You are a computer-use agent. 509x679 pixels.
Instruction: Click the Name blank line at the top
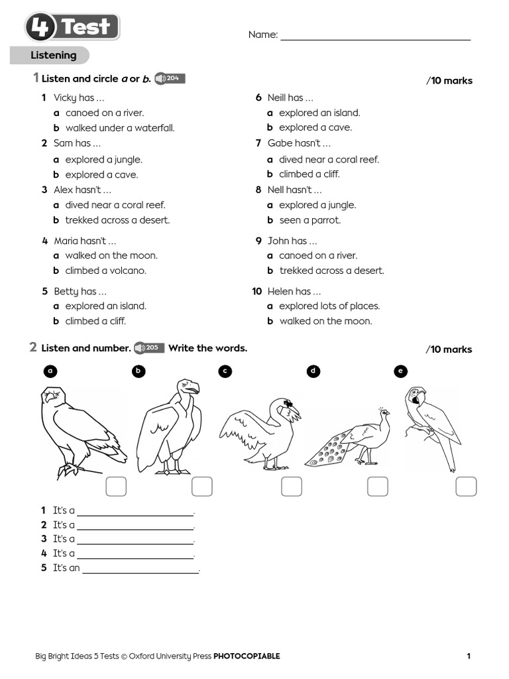[375, 38]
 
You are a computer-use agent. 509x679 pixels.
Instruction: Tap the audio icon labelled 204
[169, 79]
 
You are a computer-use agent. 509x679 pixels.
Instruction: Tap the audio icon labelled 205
[148, 348]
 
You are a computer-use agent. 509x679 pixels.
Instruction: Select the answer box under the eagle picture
[116, 487]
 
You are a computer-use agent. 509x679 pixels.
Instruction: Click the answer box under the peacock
[378, 487]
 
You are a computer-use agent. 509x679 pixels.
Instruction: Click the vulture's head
[188, 387]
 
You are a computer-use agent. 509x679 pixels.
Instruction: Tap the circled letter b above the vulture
[139, 371]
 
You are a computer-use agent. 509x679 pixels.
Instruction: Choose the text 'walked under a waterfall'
[120, 128]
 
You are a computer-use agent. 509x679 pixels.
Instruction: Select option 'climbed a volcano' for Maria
[105, 271]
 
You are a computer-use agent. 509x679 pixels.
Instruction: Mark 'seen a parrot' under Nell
[310, 220]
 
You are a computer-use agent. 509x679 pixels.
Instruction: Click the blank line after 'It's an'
[141, 569]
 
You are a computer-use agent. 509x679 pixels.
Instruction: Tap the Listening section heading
[54, 56]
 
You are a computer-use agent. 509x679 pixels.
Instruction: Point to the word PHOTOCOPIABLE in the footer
[247, 656]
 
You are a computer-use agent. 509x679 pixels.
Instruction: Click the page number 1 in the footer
[469, 656]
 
